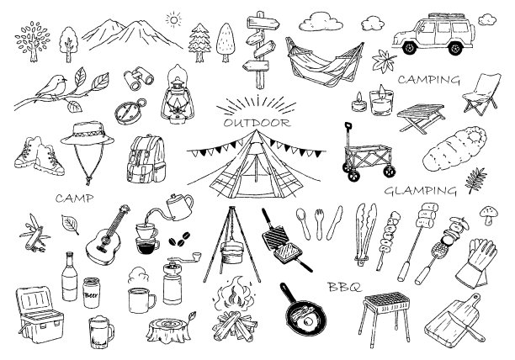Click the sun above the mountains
[173, 20]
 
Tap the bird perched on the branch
[52, 87]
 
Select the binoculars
[138, 78]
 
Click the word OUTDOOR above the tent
[257, 123]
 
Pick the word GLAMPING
[421, 191]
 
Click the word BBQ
[344, 287]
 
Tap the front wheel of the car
[409, 48]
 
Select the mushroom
[488, 214]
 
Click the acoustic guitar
[106, 236]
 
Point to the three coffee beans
[179, 239]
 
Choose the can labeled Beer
[91, 292]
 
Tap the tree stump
[168, 329]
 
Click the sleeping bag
[454, 149]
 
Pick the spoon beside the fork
[303, 223]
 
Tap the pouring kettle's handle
[188, 202]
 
